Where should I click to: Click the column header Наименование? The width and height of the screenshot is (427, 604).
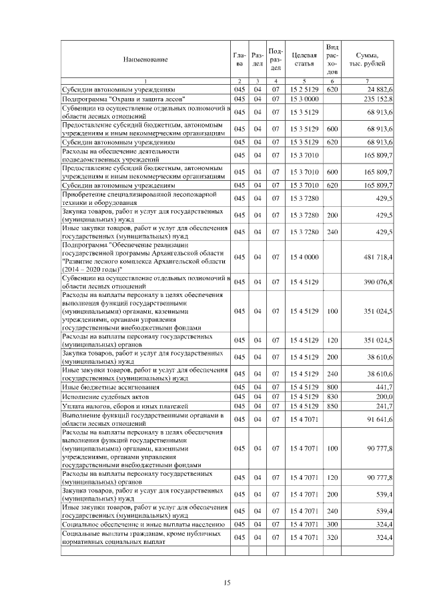tap(145, 59)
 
